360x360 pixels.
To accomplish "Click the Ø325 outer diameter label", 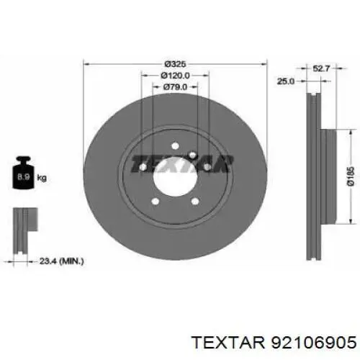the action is tap(175, 64).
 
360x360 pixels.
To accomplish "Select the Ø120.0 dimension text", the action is tap(175, 76).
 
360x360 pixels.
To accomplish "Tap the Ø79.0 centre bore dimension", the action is tap(175, 87).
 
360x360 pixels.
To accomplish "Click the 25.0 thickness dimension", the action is tap(286, 81).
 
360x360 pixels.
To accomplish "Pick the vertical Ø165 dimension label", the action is tap(351, 176).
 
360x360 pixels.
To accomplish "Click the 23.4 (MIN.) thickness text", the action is tap(61, 261).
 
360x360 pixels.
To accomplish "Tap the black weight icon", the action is tap(23, 172).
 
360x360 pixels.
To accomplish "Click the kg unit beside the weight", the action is tap(42, 178).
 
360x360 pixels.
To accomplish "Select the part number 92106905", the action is tap(313, 342).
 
